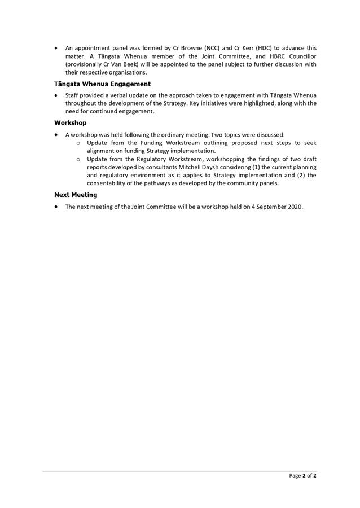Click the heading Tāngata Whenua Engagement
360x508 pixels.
coord(102,84)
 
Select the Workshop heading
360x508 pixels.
coord(71,122)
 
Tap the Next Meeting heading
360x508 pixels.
coord(76,195)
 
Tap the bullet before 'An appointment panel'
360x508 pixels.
coord(56,49)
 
